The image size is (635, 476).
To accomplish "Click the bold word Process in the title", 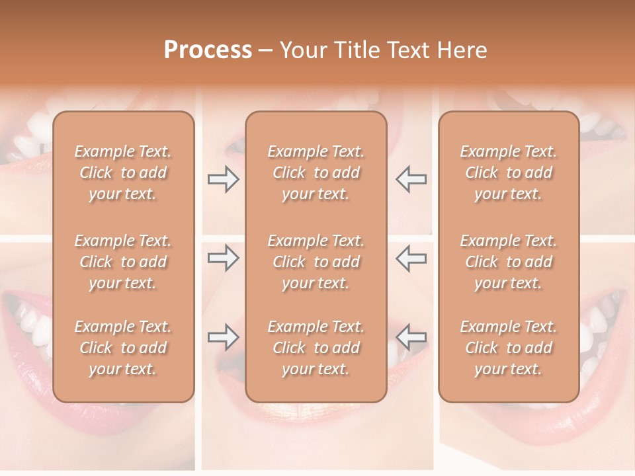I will click(x=208, y=50).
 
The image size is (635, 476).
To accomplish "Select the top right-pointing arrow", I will click(x=223, y=179).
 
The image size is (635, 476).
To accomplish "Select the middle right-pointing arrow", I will click(x=223, y=258).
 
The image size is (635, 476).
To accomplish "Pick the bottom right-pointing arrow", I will click(x=223, y=337).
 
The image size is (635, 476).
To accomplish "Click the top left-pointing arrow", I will click(x=411, y=179).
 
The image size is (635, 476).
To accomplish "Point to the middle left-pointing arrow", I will click(x=411, y=258).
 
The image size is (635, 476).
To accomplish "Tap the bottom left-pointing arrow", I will click(x=411, y=337).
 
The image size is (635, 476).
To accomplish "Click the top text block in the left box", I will click(x=123, y=173).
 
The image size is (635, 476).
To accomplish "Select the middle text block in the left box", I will click(x=123, y=262).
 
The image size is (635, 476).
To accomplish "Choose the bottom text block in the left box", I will click(x=123, y=348).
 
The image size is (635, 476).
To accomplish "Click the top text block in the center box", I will click(x=316, y=173).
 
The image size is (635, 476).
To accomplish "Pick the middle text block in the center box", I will click(x=316, y=262).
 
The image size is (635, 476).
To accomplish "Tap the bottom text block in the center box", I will click(x=316, y=348).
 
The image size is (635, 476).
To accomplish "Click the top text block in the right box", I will click(x=508, y=173).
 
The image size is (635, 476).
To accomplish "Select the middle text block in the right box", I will click(x=508, y=262).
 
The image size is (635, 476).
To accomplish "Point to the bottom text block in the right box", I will click(x=508, y=348).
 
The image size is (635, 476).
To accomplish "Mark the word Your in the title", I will click(x=302, y=50).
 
